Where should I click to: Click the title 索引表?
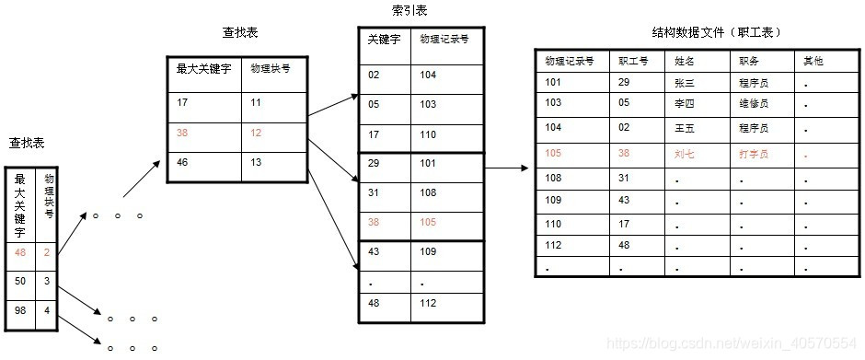coord(409,11)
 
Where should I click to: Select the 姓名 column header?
coord(686,61)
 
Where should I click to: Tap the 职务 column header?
coord(748,61)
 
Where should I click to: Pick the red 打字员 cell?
coord(754,154)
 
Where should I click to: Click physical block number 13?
coord(256,162)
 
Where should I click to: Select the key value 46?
coord(183,162)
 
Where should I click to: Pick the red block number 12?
coord(256,132)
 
